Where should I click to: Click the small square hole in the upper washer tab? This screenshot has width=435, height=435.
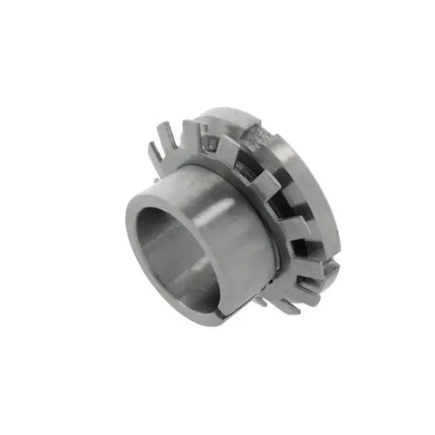(x=210, y=143)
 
